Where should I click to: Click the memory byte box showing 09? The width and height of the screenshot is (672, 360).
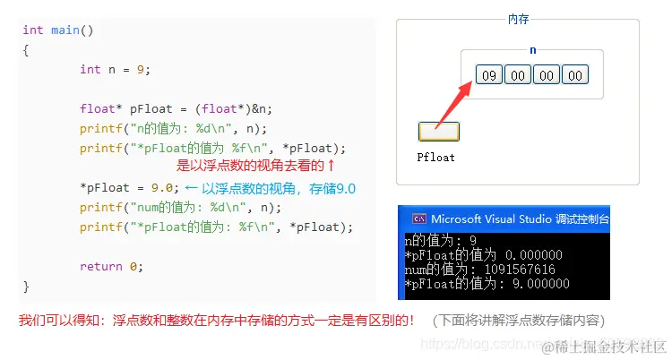point(488,75)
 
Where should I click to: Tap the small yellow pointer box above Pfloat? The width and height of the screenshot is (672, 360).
point(439,132)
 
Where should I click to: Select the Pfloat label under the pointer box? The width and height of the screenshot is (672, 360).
point(436,157)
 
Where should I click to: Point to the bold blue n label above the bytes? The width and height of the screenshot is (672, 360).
point(532,50)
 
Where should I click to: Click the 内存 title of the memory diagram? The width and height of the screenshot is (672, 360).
point(518,19)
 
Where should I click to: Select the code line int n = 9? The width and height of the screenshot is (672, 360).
point(115,69)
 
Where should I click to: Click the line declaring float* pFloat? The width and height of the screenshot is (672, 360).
point(176,108)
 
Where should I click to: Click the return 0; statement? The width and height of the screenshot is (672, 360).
point(111,267)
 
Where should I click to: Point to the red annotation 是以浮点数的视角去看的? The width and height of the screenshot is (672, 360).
point(255,166)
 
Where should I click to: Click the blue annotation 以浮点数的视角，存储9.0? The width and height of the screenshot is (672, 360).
point(278,188)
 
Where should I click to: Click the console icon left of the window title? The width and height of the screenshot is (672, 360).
point(418,219)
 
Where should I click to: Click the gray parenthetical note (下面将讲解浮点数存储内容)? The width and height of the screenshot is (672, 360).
point(517,320)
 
